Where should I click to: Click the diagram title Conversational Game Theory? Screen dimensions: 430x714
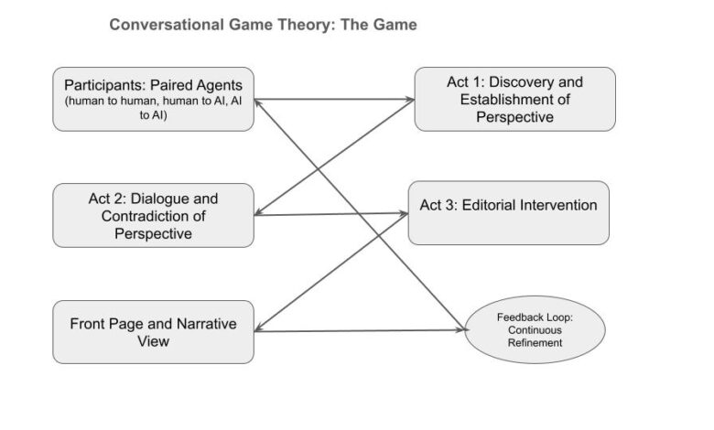pyautogui.click(x=263, y=25)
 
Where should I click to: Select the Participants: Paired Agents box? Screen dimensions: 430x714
pyautogui.click(x=153, y=98)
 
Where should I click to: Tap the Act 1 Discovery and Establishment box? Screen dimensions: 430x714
pyautogui.click(x=514, y=99)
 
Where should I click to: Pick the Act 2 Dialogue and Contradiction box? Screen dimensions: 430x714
pyautogui.click(x=153, y=215)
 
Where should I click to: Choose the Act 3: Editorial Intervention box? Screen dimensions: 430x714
pyautogui.click(x=508, y=212)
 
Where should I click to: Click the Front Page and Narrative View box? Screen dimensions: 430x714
pyautogui.click(x=153, y=332)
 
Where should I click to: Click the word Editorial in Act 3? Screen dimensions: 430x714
pyautogui.click(x=487, y=205)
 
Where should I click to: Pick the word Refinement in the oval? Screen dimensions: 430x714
pyautogui.click(x=535, y=342)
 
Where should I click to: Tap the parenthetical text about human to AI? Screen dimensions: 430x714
pyautogui.click(x=153, y=110)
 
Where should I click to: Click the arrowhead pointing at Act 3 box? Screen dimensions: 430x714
pyautogui.click(x=403, y=213)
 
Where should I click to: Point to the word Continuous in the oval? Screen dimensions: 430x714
pyautogui.click(x=535, y=329)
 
